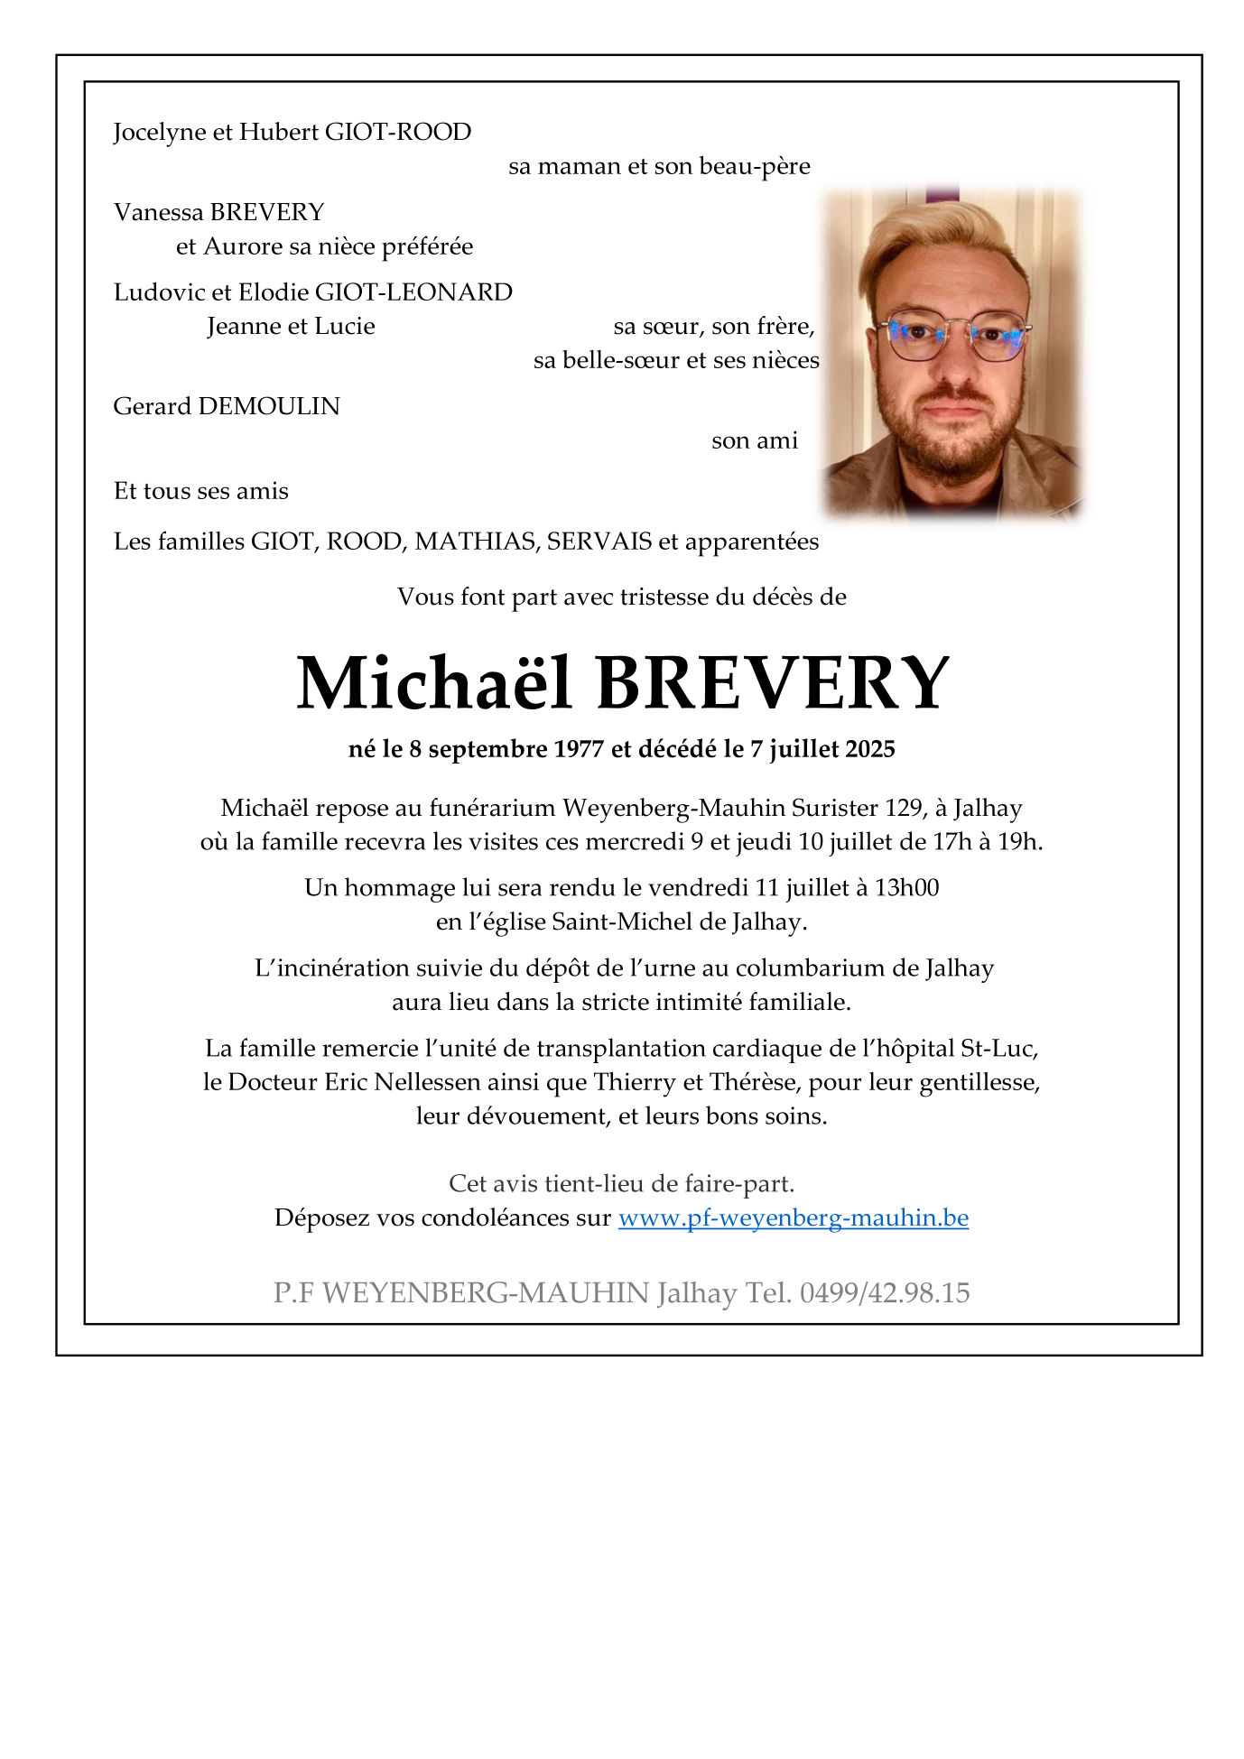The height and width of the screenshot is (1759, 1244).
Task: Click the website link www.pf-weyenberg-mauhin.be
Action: (x=793, y=1218)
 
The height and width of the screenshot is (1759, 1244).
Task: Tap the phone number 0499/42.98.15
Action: (x=885, y=1293)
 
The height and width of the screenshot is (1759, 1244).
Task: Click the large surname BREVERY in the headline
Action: (x=773, y=683)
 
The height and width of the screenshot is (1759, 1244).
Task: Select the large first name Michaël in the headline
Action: (x=434, y=683)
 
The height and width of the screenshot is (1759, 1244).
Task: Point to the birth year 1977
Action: (x=578, y=750)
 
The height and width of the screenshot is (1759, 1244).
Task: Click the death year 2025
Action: (x=870, y=750)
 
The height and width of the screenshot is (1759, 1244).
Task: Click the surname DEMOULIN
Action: (x=269, y=407)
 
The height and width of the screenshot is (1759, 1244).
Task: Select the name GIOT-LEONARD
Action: (x=413, y=292)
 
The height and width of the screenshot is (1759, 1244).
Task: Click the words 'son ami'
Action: (x=755, y=441)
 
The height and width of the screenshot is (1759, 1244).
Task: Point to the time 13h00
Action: (x=906, y=888)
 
